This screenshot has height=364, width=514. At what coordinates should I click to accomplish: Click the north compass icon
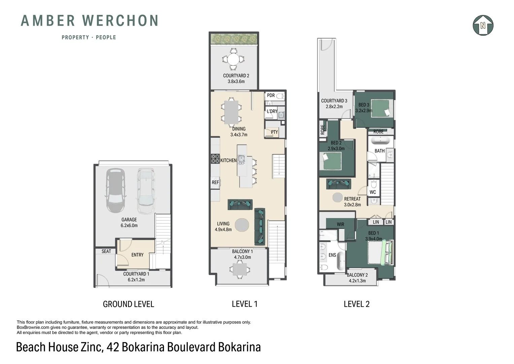pyautogui.click(x=483, y=25)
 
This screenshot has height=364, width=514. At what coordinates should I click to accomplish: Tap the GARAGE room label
pyautogui.click(x=129, y=219)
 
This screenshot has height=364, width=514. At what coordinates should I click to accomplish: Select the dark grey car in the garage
pyautogui.click(x=115, y=190)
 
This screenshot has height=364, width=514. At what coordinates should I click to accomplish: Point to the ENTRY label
pyautogui.click(x=137, y=255)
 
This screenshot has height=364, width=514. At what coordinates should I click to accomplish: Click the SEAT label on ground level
pyautogui.click(x=106, y=251)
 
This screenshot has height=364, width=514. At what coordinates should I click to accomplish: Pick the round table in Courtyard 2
pyautogui.click(x=233, y=59)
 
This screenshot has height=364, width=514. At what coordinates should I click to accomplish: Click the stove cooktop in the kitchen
pyautogui.click(x=215, y=158)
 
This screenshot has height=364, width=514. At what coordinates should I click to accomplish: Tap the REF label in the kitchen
pyautogui.click(x=215, y=182)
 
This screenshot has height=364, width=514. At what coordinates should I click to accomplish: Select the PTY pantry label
pyautogui.click(x=274, y=132)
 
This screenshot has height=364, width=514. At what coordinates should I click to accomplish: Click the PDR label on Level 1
pyautogui.click(x=271, y=95)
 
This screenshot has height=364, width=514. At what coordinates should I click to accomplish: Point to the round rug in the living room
pyautogui.click(x=242, y=225)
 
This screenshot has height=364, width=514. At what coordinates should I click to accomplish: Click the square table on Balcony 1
pyautogui.click(x=239, y=269)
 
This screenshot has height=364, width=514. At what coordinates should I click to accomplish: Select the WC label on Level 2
pyautogui.click(x=373, y=192)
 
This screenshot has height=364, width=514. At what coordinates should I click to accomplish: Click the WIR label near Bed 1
pyautogui.click(x=340, y=224)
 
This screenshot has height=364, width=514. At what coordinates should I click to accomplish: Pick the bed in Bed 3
pyautogui.click(x=382, y=109)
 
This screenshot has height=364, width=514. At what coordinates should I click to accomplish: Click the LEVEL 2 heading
pyautogui.click(x=356, y=304)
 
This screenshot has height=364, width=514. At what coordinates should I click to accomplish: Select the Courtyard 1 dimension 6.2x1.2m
pyautogui.click(x=136, y=279)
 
